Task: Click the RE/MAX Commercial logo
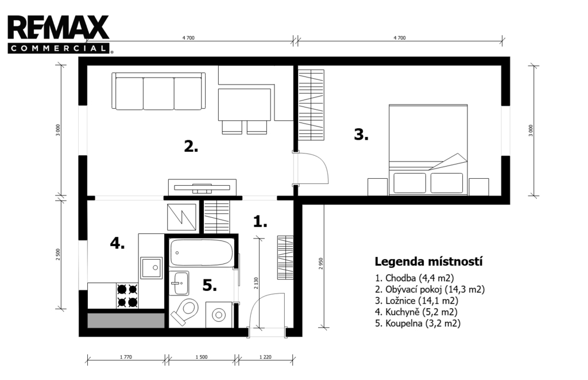(59, 34)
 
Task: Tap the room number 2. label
(191, 146)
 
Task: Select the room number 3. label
(361, 135)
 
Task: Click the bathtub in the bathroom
(201, 253)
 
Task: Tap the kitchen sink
(152, 268)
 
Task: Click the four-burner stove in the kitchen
(127, 295)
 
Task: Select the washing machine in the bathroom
(219, 314)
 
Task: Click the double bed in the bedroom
(428, 149)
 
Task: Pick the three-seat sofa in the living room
(158, 91)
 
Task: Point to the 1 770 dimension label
(126, 357)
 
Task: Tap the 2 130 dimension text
(256, 283)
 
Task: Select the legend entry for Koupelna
(418, 323)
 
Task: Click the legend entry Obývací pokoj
(430, 289)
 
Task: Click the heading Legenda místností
(428, 262)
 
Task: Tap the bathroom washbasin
(179, 283)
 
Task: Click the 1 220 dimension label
(265, 357)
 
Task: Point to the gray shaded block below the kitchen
(126, 320)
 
